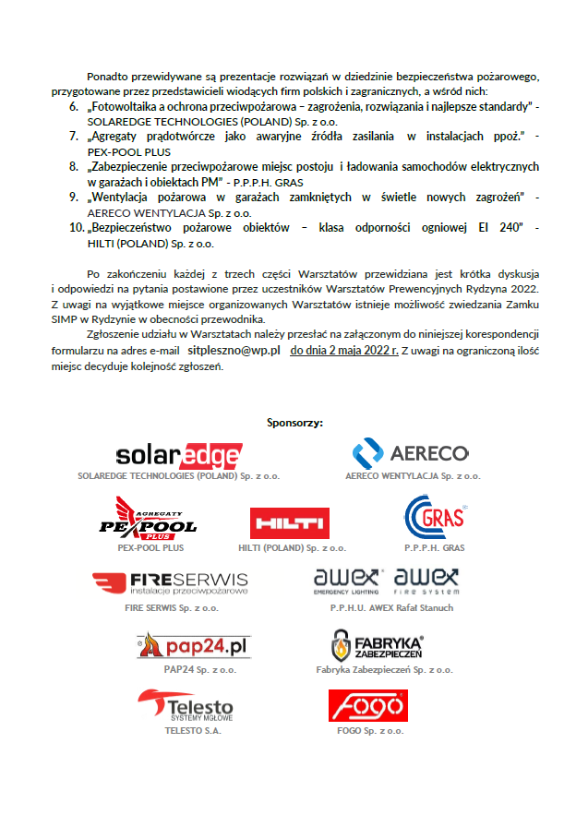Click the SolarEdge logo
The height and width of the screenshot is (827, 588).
coord(179,456)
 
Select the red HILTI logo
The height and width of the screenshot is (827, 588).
coord(290,523)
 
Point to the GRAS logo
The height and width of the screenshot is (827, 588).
coord(436,519)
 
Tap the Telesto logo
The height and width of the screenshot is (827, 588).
coord(185,707)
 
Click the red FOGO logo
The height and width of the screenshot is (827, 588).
coord(367,706)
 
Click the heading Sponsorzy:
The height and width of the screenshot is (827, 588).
coord(294,423)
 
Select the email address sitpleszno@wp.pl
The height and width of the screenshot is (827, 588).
coord(234,351)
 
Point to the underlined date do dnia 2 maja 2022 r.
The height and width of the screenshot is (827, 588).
coord(344,351)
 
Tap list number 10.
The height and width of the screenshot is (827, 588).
coord(77,227)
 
